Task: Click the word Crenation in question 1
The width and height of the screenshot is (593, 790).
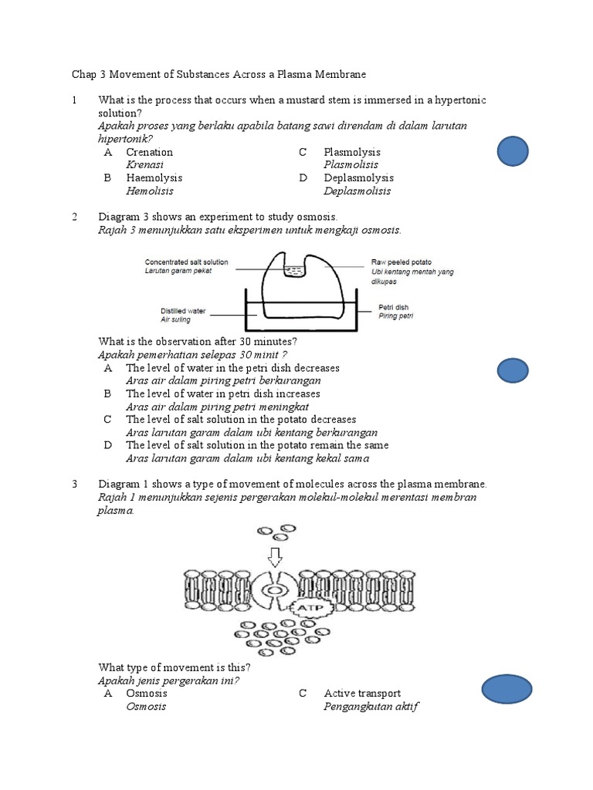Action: coord(150,152)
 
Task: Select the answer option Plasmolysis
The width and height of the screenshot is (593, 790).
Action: coord(352,152)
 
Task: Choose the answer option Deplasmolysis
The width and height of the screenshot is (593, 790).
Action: coord(357,178)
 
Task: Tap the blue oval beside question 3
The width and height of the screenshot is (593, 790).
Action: coord(507,689)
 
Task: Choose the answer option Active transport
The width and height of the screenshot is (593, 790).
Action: coord(362,694)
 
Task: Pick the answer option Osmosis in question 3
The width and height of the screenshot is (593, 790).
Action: coord(147,694)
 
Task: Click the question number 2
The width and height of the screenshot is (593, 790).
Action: coord(74,217)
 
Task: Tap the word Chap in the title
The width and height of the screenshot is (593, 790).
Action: coord(83,74)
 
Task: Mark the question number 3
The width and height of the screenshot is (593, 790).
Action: coord(74,484)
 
